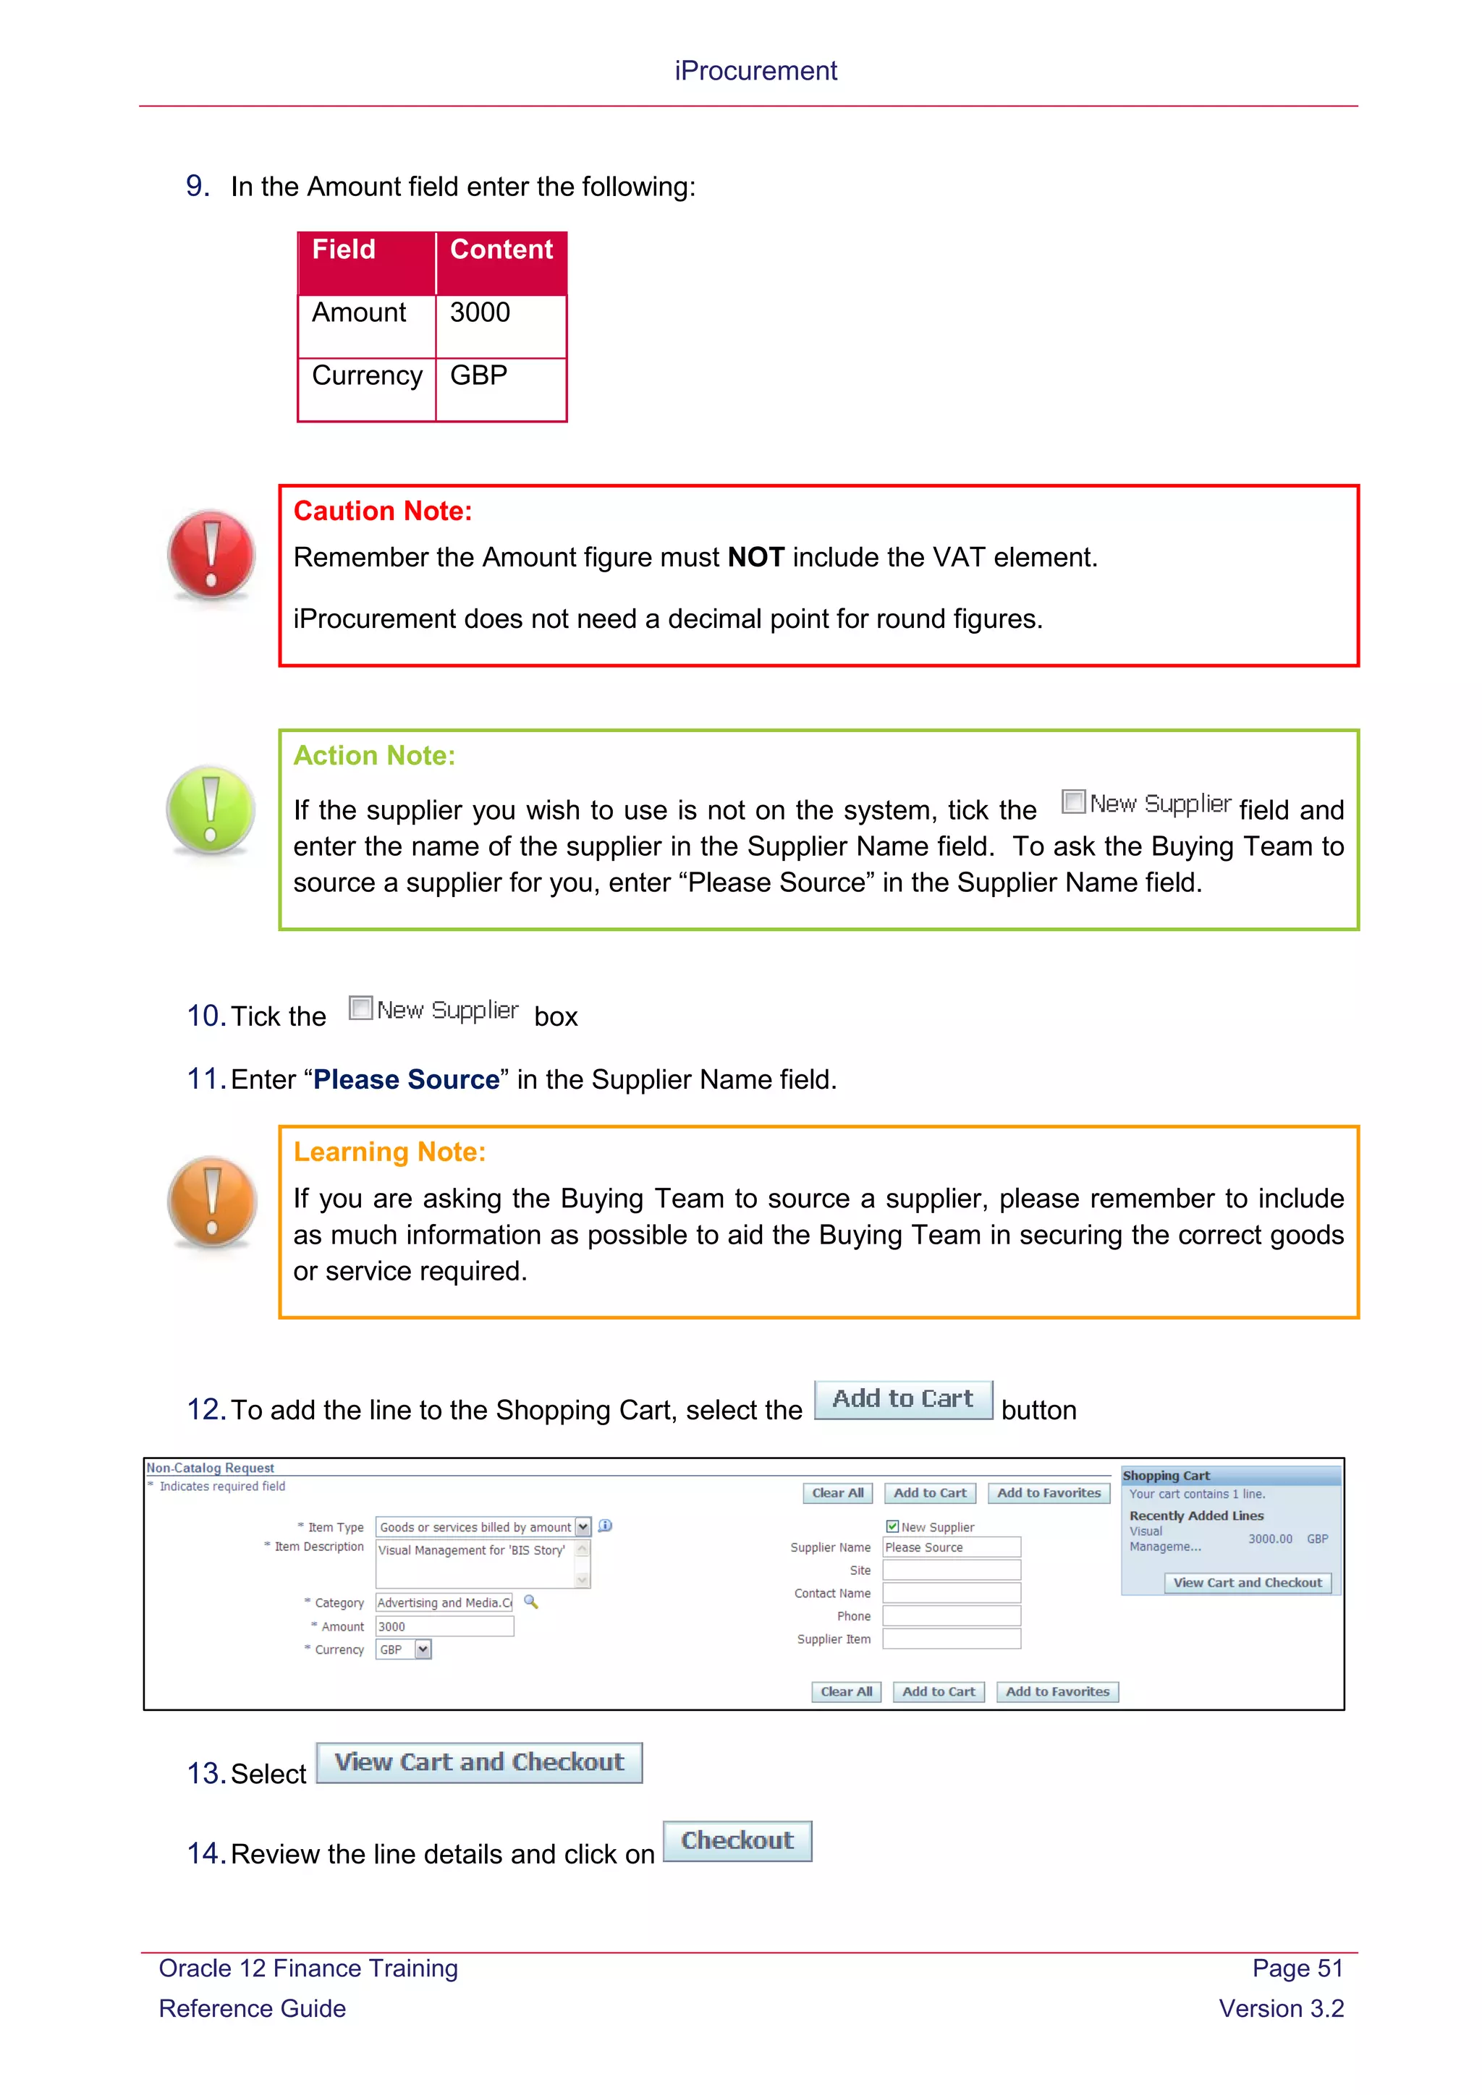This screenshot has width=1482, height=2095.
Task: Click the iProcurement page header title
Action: pyautogui.click(x=755, y=71)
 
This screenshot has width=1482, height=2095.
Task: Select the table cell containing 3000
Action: pyautogui.click(x=500, y=314)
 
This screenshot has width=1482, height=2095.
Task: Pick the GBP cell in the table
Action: pyautogui.click(x=500, y=377)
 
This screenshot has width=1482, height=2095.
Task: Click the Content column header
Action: pyautogui.click(x=501, y=251)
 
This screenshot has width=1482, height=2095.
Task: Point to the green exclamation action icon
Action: pyautogui.click(x=211, y=810)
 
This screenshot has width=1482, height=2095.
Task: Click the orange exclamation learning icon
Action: pyautogui.click(x=212, y=1201)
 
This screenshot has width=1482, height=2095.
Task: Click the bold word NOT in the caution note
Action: pyautogui.click(x=755, y=558)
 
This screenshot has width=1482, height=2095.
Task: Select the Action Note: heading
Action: pyautogui.click(x=374, y=755)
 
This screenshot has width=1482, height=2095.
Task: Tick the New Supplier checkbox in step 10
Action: pyautogui.click(x=361, y=1008)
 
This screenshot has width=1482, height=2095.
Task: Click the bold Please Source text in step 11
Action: pyautogui.click(x=406, y=1080)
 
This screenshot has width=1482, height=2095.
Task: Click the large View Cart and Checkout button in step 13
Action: pyautogui.click(x=479, y=1762)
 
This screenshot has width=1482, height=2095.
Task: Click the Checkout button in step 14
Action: pyautogui.click(x=737, y=1840)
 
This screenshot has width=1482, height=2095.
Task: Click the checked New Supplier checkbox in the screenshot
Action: pyautogui.click(x=892, y=1526)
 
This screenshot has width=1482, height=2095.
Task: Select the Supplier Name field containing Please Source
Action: pyautogui.click(x=951, y=1547)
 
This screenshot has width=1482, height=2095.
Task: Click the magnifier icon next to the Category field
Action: pyautogui.click(x=531, y=1602)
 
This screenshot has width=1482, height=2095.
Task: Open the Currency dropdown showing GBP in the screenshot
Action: pyautogui.click(x=423, y=1649)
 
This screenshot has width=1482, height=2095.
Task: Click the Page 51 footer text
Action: pyautogui.click(x=1297, y=1968)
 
